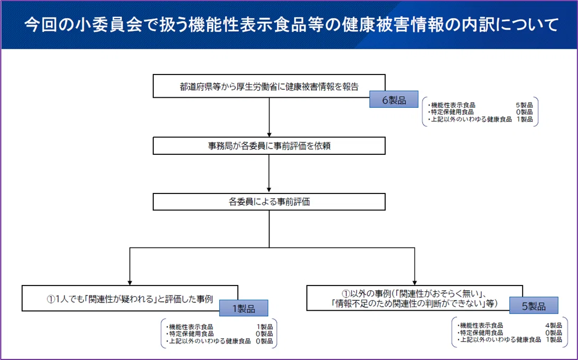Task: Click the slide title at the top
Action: [291, 25]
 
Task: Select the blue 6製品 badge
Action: [394, 99]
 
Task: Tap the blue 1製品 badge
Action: [244, 308]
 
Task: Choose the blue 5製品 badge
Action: [534, 306]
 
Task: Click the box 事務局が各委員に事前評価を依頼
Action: [269, 146]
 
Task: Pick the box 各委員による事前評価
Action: [269, 202]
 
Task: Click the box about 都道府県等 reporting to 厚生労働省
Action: [269, 86]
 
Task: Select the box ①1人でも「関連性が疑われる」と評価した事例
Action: [130, 298]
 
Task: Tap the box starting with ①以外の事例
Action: [414, 298]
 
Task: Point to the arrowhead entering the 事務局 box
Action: [269, 135]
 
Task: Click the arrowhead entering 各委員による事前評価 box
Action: [269, 191]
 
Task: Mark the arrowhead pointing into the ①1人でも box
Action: [130, 282]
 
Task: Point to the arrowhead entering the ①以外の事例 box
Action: [415, 282]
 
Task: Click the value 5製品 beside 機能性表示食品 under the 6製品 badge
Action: [524, 105]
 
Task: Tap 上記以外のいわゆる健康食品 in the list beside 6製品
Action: [471, 119]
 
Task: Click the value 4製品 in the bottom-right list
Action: [554, 325]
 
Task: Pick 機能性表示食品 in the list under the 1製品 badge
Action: [191, 327]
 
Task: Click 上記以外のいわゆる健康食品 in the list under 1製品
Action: [210, 341]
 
